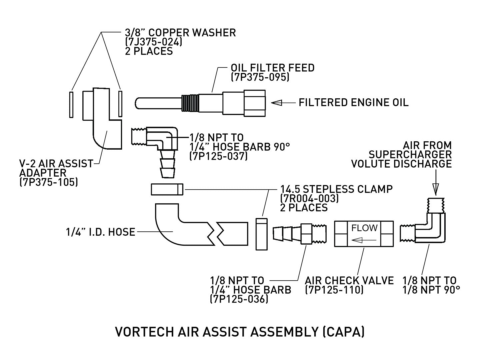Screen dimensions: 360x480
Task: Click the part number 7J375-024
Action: tap(153, 42)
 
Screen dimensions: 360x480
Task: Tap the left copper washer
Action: tap(71, 104)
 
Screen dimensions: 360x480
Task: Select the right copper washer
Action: tap(120, 104)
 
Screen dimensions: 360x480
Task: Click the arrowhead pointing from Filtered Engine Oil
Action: tap(276, 103)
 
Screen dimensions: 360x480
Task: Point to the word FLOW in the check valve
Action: tap(364, 228)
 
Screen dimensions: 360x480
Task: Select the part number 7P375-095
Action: tap(260, 77)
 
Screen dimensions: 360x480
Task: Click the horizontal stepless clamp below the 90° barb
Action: tap(167, 190)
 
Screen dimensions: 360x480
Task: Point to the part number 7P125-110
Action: tap(334, 290)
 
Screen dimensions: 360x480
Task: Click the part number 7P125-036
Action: tap(239, 299)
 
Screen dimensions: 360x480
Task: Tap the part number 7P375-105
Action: tap(49, 182)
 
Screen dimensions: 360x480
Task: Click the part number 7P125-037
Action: tap(218, 156)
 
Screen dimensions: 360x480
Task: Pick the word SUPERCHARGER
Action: tap(410, 155)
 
